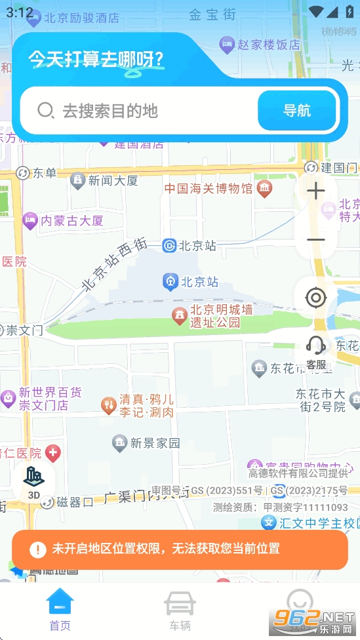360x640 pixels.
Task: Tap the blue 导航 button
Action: [297, 110]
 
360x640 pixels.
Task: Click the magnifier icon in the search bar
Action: [45, 110]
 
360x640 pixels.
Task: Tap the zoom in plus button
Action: [316, 191]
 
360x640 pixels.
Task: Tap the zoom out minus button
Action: [316, 240]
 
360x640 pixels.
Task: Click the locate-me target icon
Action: [316, 298]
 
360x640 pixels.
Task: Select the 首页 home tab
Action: [60, 610]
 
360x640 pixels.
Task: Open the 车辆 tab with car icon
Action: [180, 610]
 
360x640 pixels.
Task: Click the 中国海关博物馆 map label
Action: [208, 189]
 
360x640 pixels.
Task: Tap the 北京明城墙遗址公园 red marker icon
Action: [178, 316]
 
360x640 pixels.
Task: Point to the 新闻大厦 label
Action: [113, 180]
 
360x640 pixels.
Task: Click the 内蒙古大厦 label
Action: [71, 221]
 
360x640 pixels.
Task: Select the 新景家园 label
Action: [154, 443]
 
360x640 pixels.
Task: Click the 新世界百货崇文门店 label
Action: [50, 399]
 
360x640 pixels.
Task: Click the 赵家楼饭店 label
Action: [268, 45]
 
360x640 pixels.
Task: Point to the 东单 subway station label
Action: [45, 173]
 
